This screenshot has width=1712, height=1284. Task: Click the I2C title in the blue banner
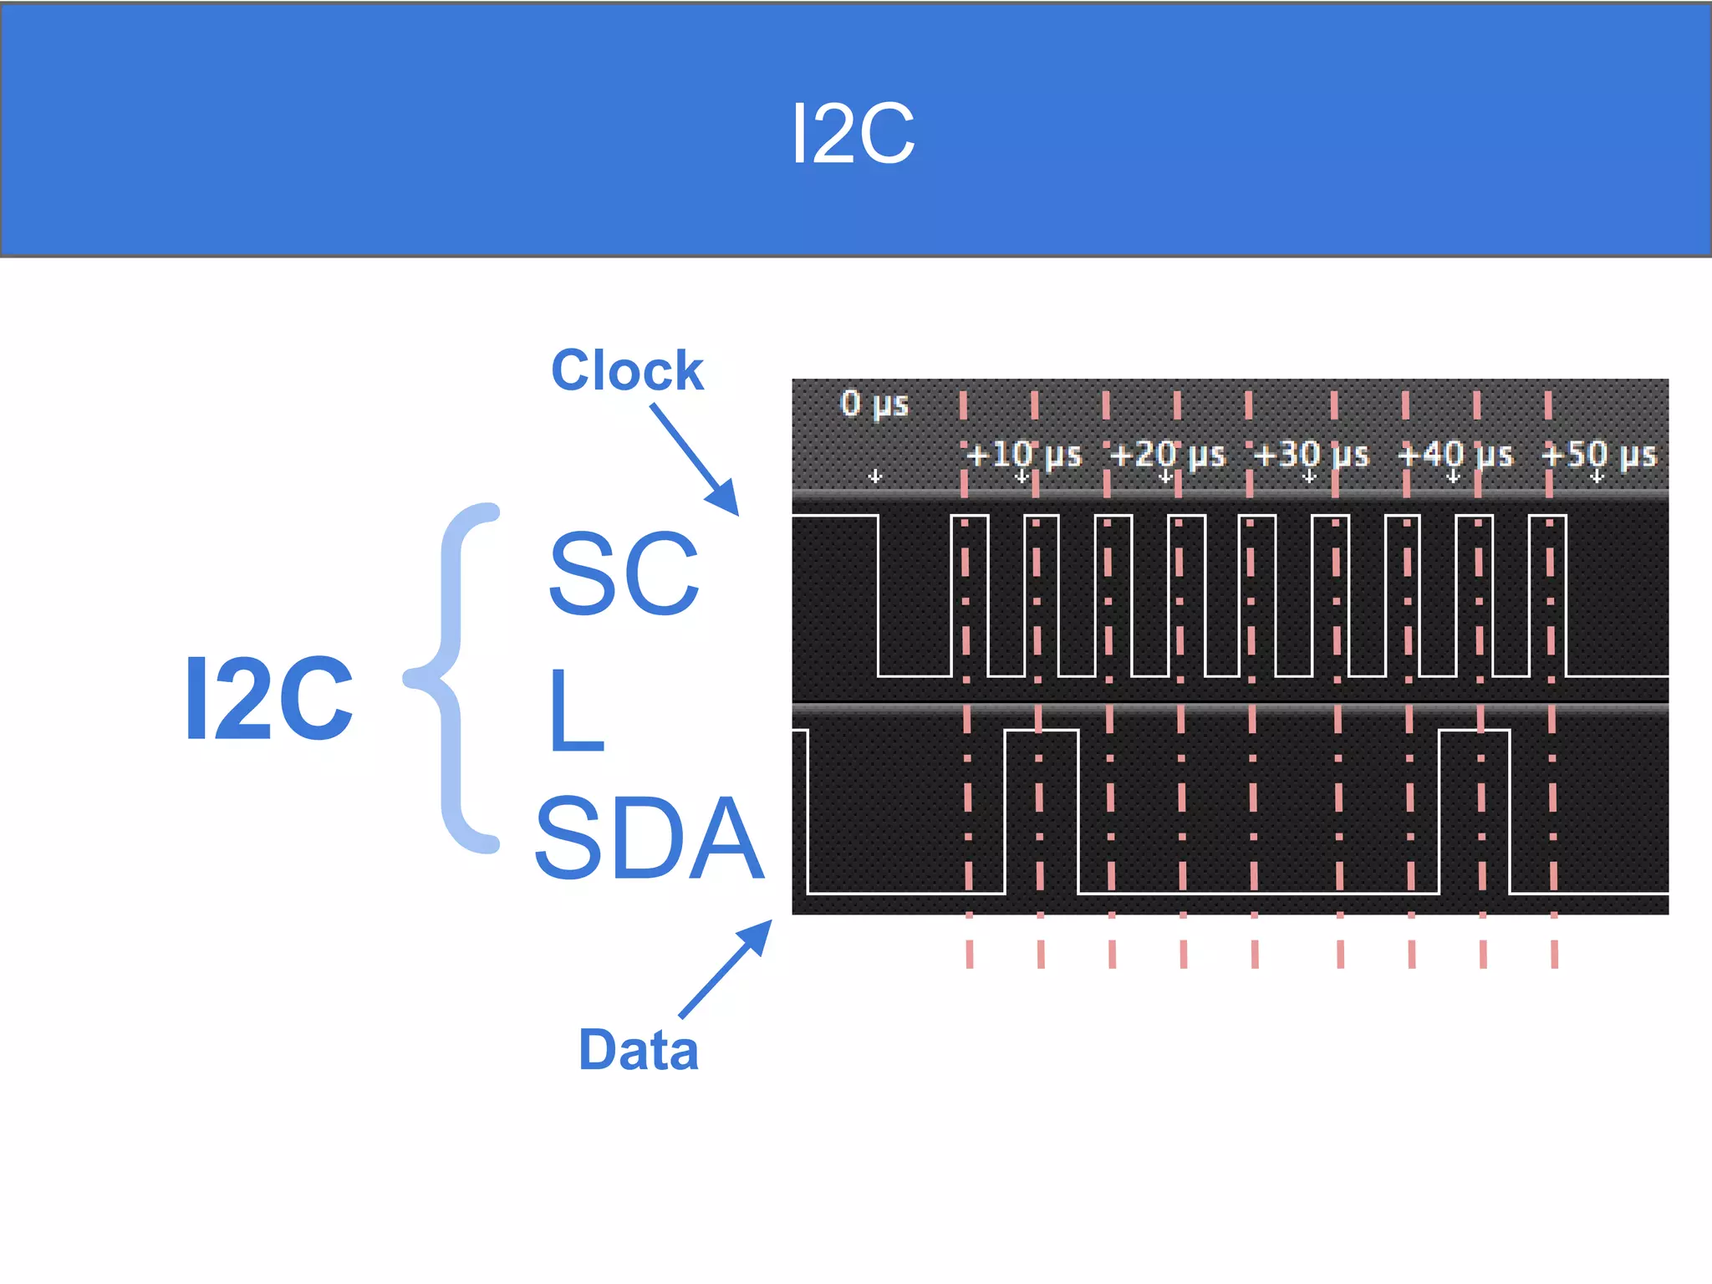pos(853,134)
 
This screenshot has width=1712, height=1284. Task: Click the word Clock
pos(627,370)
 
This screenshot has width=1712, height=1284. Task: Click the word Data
pos(639,1050)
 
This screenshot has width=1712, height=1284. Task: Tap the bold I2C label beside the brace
pos(268,699)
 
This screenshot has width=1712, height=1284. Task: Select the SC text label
pos(624,574)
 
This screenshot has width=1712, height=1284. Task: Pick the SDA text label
pos(650,838)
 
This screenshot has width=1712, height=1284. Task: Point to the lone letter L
pos(576,711)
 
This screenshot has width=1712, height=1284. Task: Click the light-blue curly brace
pos(456,677)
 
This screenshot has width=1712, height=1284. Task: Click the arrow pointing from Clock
pos(695,459)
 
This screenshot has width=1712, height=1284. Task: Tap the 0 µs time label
pos(874,404)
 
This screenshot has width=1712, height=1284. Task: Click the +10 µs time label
pos(1023,456)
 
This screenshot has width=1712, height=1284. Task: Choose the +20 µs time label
pos(1167,456)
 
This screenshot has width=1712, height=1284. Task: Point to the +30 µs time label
pos(1311,456)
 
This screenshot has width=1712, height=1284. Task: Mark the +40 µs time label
pos(1455,456)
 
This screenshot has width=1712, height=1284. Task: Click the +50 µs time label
pos(1598,456)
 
